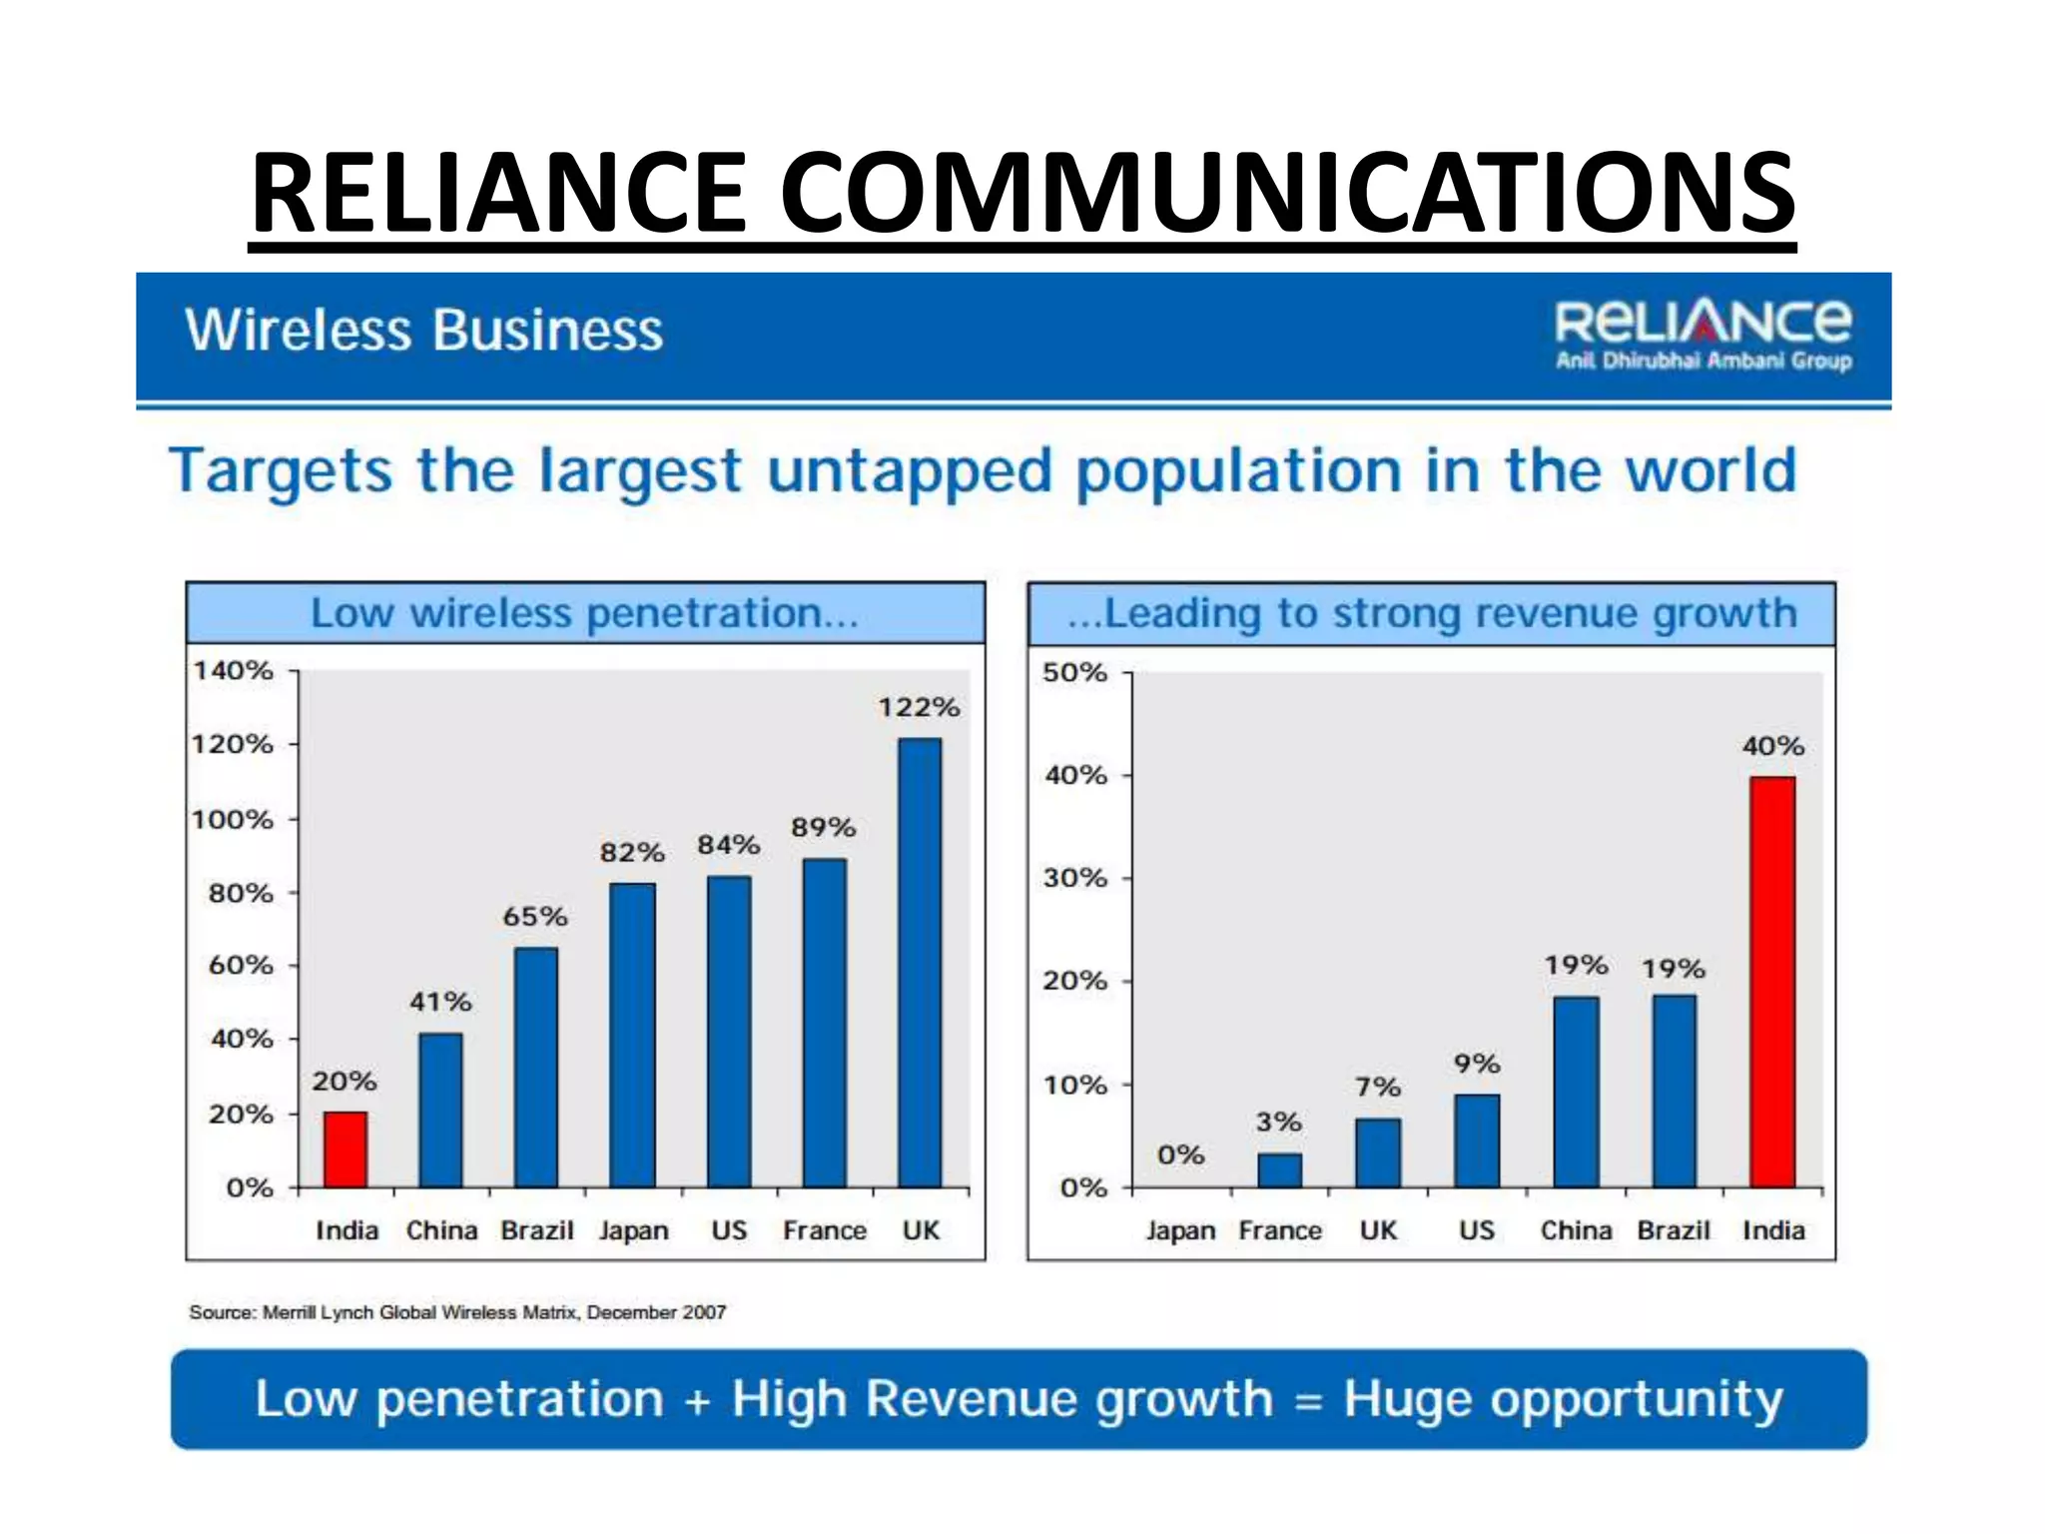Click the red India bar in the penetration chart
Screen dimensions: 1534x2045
[x=344, y=1150]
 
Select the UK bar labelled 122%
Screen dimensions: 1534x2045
[x=920, y=963]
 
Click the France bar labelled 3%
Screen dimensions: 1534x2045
[x=1279, y=1170]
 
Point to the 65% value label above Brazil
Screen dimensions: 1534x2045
[x=534, y=916]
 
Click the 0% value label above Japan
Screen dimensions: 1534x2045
[x=1180, y=1154]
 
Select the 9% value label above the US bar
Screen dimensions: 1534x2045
[x=1476, y=1064]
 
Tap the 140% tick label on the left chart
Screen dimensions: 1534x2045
[x=233, y=670]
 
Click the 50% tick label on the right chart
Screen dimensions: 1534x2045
[x=1074, y=672]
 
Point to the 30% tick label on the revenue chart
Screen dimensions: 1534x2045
[x=1074, y=878]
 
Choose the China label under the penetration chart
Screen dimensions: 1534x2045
[x=441, y=1230]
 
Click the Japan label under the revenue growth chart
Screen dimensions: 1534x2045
[x=1180, y=1230]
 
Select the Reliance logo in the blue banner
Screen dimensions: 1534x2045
[x=1703, y=334]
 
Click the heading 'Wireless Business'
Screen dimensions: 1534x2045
[x=423, y=331]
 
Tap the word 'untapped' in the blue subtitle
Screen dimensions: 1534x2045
[x=909, y=472]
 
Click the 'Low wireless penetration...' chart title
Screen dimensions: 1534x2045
[x=584, y=613]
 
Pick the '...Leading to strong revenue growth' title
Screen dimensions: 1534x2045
[x=1431, y=613]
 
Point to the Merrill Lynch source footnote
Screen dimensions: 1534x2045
[x=457, y=1312]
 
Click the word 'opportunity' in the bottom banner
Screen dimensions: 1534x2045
[x=1562, y=1399]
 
